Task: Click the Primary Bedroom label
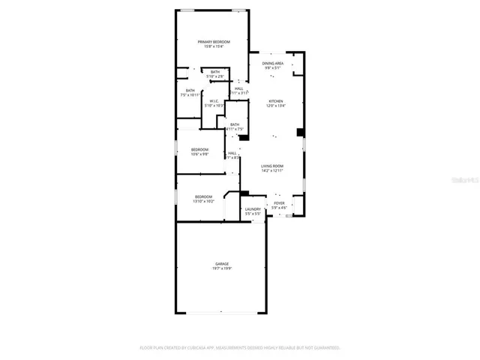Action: (213, 41)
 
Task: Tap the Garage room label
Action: (221, 264)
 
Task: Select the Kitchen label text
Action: (275, 100)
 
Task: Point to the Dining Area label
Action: (272, 63)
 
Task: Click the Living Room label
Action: (271, 166)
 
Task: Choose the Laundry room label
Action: (253, 209)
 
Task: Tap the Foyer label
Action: (279, 203)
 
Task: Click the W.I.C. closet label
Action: (213, 100)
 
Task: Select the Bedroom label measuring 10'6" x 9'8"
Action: (199, 149)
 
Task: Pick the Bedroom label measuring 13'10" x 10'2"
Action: (203, 196)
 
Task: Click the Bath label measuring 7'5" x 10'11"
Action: (190, 90)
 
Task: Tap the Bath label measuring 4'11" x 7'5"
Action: (235, 124)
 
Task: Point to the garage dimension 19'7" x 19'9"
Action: (221, 268)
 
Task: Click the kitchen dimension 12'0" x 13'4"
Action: (275, 106)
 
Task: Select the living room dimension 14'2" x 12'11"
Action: (271, 171)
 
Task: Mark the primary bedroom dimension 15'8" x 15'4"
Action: (213, 46)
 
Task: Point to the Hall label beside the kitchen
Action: (238, 88)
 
